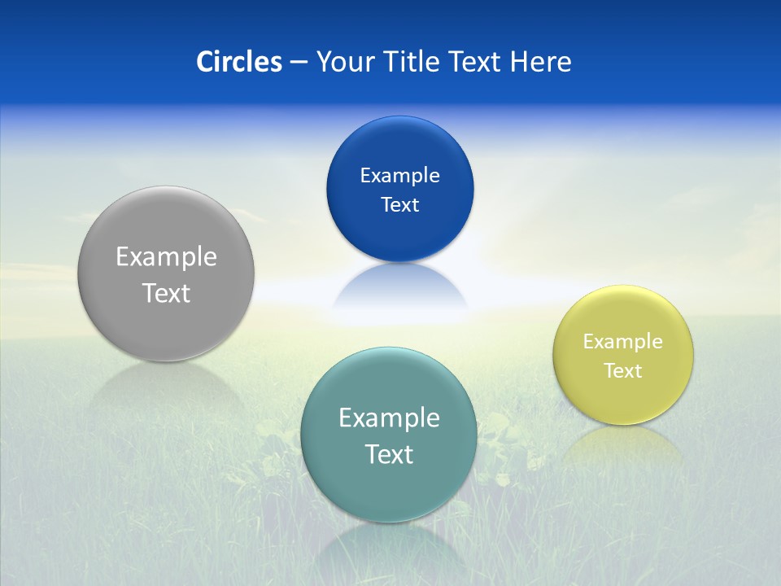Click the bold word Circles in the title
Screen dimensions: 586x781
[238, 62]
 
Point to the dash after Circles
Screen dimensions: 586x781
[299, 63]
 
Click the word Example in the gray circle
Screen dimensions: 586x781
[166, 257]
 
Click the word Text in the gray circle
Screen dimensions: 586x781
[166, 293]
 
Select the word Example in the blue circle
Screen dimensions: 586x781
[399, 176]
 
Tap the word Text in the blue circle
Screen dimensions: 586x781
[399, 204]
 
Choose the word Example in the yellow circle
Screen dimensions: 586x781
[623, 342]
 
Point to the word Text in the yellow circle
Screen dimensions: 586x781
[623, 371]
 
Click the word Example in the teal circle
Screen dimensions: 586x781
[389, 418]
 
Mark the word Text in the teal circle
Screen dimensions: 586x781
[389, 454]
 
